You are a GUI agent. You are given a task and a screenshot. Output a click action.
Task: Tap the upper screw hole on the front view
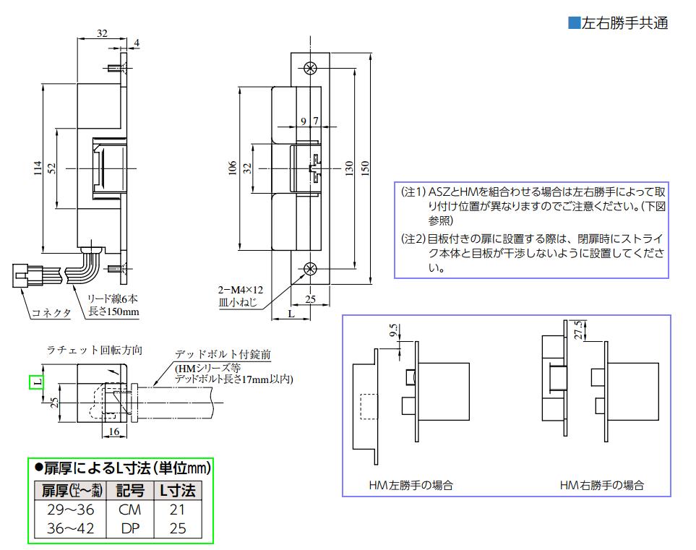pyautogui.click(x=311, y=69)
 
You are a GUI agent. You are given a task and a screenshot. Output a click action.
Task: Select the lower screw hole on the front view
pyautogui.click(x=311, y=269)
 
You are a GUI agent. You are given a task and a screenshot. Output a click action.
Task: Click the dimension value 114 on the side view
pyautogui.click(x=37, y=168)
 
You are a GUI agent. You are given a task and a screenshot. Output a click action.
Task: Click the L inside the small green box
pyautogui.click(x=35, y=381)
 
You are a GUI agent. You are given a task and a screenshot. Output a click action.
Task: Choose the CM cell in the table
pyautogui.click(x=129, y=510)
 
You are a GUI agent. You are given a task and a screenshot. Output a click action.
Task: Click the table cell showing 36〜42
pyautogui.click(x=68, y=528)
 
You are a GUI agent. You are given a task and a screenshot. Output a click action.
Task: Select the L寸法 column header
pyautogui.click(x=177, y=491)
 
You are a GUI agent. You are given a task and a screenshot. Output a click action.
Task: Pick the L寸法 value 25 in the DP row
pyautogui.click(x=177, y=528)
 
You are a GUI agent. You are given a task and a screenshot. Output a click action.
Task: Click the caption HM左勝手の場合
pyautogui.click(x=411, y=486)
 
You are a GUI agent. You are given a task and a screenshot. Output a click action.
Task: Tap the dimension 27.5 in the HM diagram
pyautogui.click(x=577, y=328)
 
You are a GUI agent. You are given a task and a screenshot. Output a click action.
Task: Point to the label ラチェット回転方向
pyautogui.click(x=94, y=351)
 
